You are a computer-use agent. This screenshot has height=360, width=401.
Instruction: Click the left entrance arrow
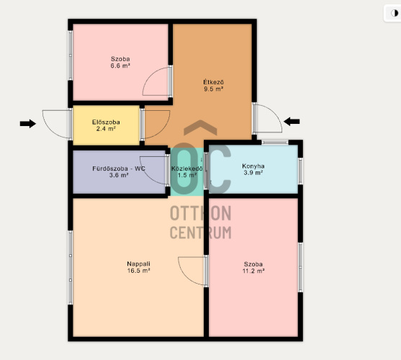coord(28,124)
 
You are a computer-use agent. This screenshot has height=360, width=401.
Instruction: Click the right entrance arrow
coord(292,122)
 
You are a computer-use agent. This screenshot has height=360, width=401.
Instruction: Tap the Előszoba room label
coord(106,122)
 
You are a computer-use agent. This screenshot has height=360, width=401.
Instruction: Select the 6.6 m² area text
coord(120,66)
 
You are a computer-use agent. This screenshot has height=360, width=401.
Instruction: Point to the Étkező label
coord(214,82)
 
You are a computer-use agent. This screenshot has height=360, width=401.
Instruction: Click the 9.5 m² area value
coord(214,89)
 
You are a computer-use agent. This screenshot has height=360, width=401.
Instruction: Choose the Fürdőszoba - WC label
coord(119,168)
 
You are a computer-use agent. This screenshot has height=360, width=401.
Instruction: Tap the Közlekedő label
coord(187,168)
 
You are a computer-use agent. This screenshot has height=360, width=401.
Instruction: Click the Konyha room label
coord(253,166)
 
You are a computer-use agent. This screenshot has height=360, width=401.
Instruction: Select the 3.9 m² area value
coord(253,173)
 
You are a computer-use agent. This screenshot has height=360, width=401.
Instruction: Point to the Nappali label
coord(139,264)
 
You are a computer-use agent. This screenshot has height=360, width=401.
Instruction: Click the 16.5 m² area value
coord(139,271)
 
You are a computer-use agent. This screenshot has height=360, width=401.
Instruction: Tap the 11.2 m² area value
coord(253,271)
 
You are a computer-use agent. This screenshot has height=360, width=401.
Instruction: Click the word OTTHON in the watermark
coord(201,214)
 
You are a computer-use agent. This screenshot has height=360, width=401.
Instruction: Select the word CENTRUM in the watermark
coord(201,233)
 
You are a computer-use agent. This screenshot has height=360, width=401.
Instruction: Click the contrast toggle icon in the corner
coord(395,13)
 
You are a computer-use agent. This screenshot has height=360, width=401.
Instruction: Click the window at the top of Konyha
coord(275,143)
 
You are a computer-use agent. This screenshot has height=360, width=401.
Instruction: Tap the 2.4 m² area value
coord(106,129)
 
